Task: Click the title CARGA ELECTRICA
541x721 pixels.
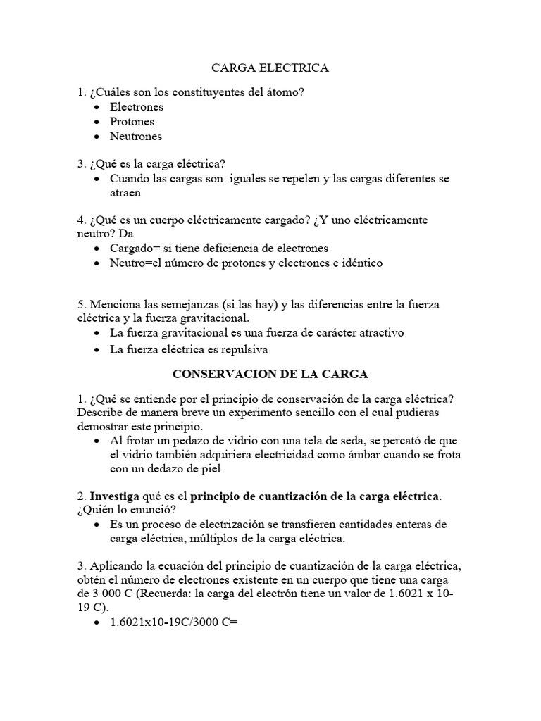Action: [270, 68]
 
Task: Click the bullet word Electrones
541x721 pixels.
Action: [136, 107]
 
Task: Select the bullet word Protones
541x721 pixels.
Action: [132, 122]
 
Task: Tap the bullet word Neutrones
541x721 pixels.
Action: [135, 137]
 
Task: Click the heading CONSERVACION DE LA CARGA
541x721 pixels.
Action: [270, 374]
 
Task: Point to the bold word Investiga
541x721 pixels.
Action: [114, 496]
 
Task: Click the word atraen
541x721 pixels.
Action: [125, 192]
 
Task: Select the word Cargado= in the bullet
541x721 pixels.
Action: [132, 249]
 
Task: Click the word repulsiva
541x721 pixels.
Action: [242, 349]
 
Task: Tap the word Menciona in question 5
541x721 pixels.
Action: [113, 304]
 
